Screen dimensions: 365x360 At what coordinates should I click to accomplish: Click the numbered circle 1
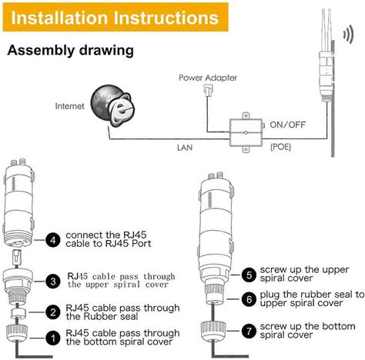(x=53, y=338)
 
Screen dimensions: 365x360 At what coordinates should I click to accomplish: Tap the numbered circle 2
(x=53, y=312)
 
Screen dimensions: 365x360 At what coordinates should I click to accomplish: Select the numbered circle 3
(x=53, y=282)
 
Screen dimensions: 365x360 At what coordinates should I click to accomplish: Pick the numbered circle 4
(x=53, y=240)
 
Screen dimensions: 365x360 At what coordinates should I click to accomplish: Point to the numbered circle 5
(x=249, y=275)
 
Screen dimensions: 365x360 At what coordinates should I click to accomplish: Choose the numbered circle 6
(x=249, y=299)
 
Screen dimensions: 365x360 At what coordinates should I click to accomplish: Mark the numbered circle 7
(x=249, y=331)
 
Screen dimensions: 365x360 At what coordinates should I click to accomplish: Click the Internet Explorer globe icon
(x=113, y=106)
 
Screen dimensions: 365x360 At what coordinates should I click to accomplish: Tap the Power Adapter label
(x=208, y=78)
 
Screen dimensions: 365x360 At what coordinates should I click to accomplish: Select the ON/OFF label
(x=287, y=125)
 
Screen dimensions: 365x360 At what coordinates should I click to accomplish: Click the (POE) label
(x=280, y=147)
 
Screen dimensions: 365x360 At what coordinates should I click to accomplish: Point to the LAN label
(x=185, y=148)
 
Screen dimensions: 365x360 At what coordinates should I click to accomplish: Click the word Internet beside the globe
(x=69, y=106)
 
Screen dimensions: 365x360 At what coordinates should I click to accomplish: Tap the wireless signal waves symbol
(x=348, y=35)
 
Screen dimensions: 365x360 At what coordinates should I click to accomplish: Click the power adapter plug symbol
(x=208, y=91)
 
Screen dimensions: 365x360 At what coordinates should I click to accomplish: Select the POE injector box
(x=246, y=132)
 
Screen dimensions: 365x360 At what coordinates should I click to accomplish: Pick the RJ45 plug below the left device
(x=17, y=256)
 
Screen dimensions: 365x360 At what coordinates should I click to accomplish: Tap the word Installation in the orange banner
(x=59, y=18)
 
